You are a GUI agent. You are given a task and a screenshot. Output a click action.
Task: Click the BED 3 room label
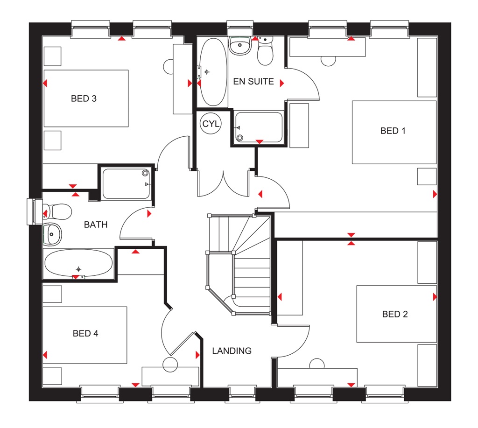coord(84,98)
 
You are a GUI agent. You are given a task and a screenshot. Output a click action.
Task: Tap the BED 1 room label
coord(393,131)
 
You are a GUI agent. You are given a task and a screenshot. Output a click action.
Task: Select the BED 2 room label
coord(395,314)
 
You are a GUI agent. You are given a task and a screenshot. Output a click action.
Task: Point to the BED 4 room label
coord(85,333)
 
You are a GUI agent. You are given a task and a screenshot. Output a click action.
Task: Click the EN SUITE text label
coord(253,82)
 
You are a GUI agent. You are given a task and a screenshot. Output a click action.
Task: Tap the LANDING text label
coord(232,351)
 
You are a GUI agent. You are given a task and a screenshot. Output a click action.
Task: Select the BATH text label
coord(96,225)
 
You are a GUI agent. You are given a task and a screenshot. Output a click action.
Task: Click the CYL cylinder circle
coord(211,124)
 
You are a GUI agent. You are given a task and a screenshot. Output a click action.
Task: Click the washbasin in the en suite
coord(240,46)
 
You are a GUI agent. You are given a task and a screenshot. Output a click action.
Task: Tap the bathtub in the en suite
coord(213,72)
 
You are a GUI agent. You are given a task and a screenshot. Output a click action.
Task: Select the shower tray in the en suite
coord(259,127)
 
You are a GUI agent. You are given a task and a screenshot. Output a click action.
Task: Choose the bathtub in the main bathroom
coord(78,263)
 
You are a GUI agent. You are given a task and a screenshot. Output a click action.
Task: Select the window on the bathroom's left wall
coord(32,211)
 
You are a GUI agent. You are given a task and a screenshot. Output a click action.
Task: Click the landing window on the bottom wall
coord(241,393)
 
